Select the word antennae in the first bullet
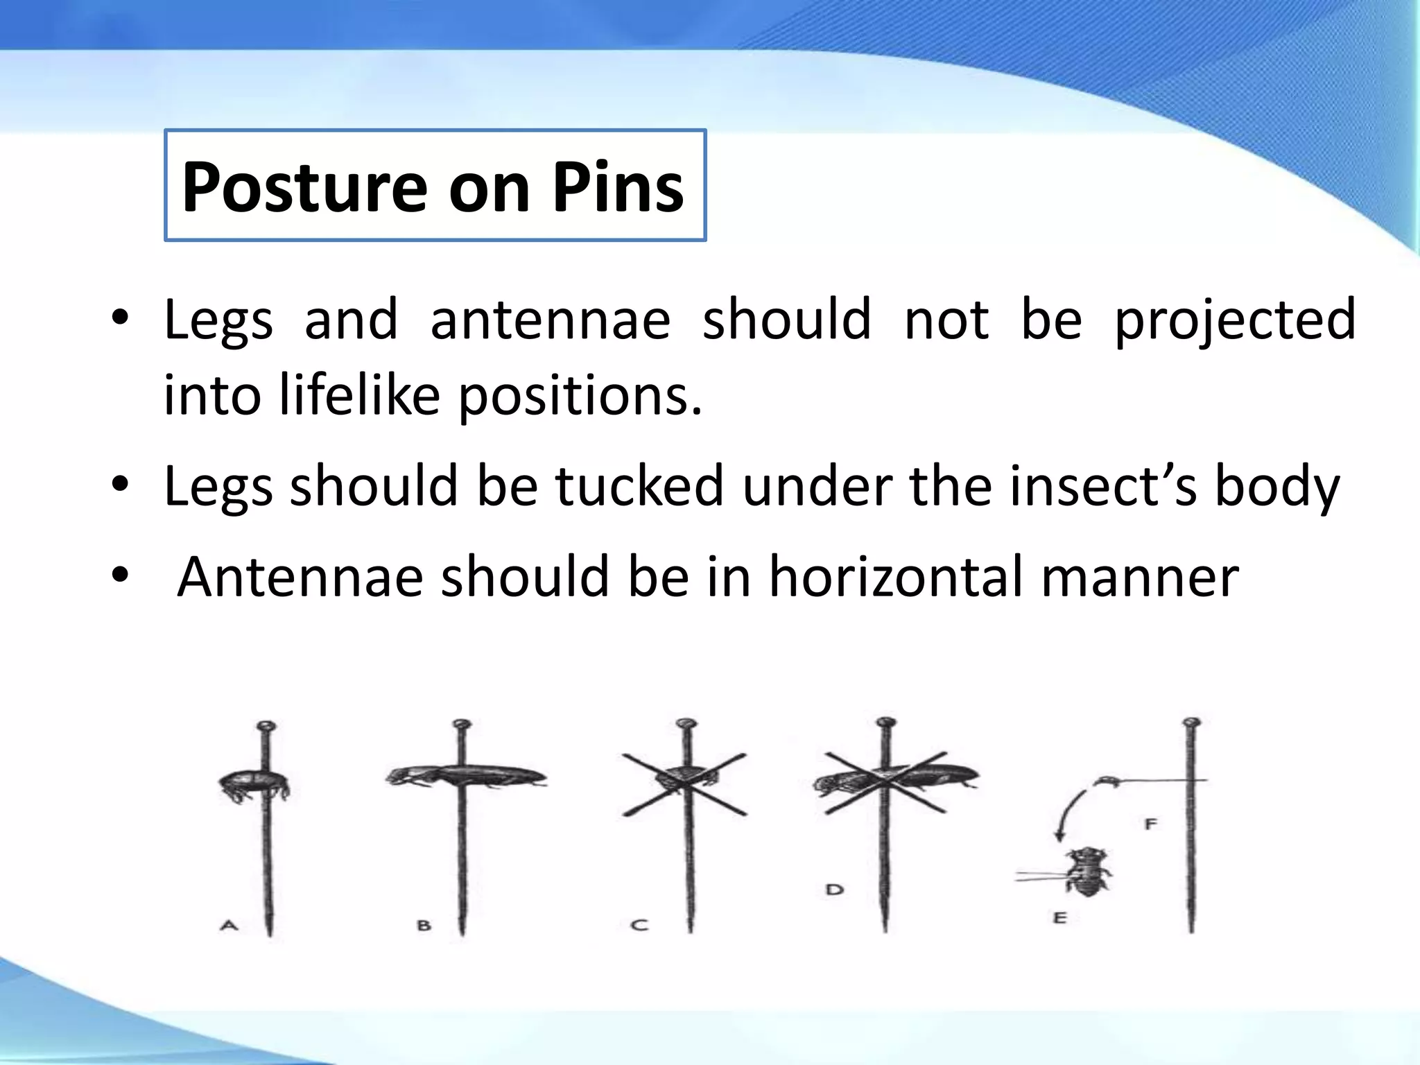[550, 320]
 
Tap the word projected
[1234, 321]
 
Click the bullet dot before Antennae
[121, 575]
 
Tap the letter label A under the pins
[229, 925]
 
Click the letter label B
[424, 925]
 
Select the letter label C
[639, 925]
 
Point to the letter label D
[834, 889]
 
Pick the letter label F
[1151, 824]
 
